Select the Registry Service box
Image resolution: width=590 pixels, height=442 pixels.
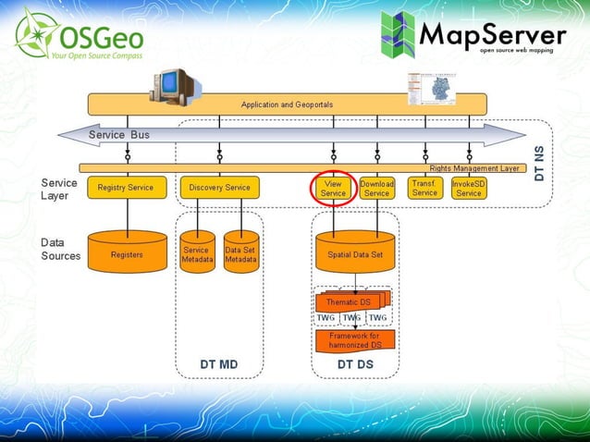click(126, 188)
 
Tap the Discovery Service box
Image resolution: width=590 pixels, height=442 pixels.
click(219, 188)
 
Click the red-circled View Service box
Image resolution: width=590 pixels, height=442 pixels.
click(334, 188)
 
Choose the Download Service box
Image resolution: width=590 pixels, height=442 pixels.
click(376, 189)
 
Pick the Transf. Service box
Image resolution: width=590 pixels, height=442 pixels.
click(424, 188)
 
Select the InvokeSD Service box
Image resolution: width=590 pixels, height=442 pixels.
click(469, 189)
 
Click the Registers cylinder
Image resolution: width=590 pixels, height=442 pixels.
click(126, 252)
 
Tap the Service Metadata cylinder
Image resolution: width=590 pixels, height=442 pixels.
click(196, 253)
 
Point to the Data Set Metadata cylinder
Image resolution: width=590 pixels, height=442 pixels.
click(240, 253)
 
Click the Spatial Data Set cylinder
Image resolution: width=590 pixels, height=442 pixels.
click(355, 253)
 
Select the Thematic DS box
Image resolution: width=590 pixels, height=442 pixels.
click(349, 302)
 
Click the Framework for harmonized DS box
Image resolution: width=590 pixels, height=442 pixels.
click(354, 340)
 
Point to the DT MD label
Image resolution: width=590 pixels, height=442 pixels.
click(218, 365)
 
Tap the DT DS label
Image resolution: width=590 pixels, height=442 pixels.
click(355, 365)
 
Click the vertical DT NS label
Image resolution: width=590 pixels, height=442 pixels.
click(540, 162)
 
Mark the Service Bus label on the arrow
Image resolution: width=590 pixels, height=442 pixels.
click(119, 135)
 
